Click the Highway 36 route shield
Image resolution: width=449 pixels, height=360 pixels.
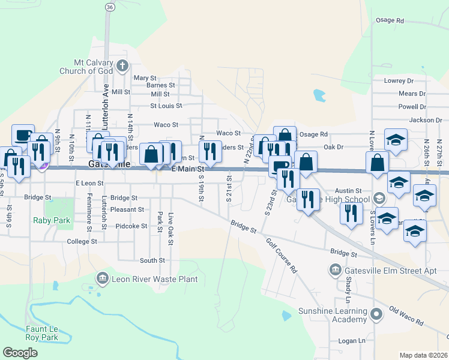pos(108,7)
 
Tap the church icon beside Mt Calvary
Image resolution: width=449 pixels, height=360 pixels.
pos(122,65)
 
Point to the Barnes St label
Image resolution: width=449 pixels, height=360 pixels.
pos(160,85)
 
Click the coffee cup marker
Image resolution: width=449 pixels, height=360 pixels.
pos(23,134)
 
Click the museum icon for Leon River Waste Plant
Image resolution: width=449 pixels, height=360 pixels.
pos(102,278)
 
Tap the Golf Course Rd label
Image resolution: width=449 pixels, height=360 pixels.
pos(282,256)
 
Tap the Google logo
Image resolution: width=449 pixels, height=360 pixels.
pos(20,352)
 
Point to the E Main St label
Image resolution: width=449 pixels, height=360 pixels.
pos(188,170)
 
